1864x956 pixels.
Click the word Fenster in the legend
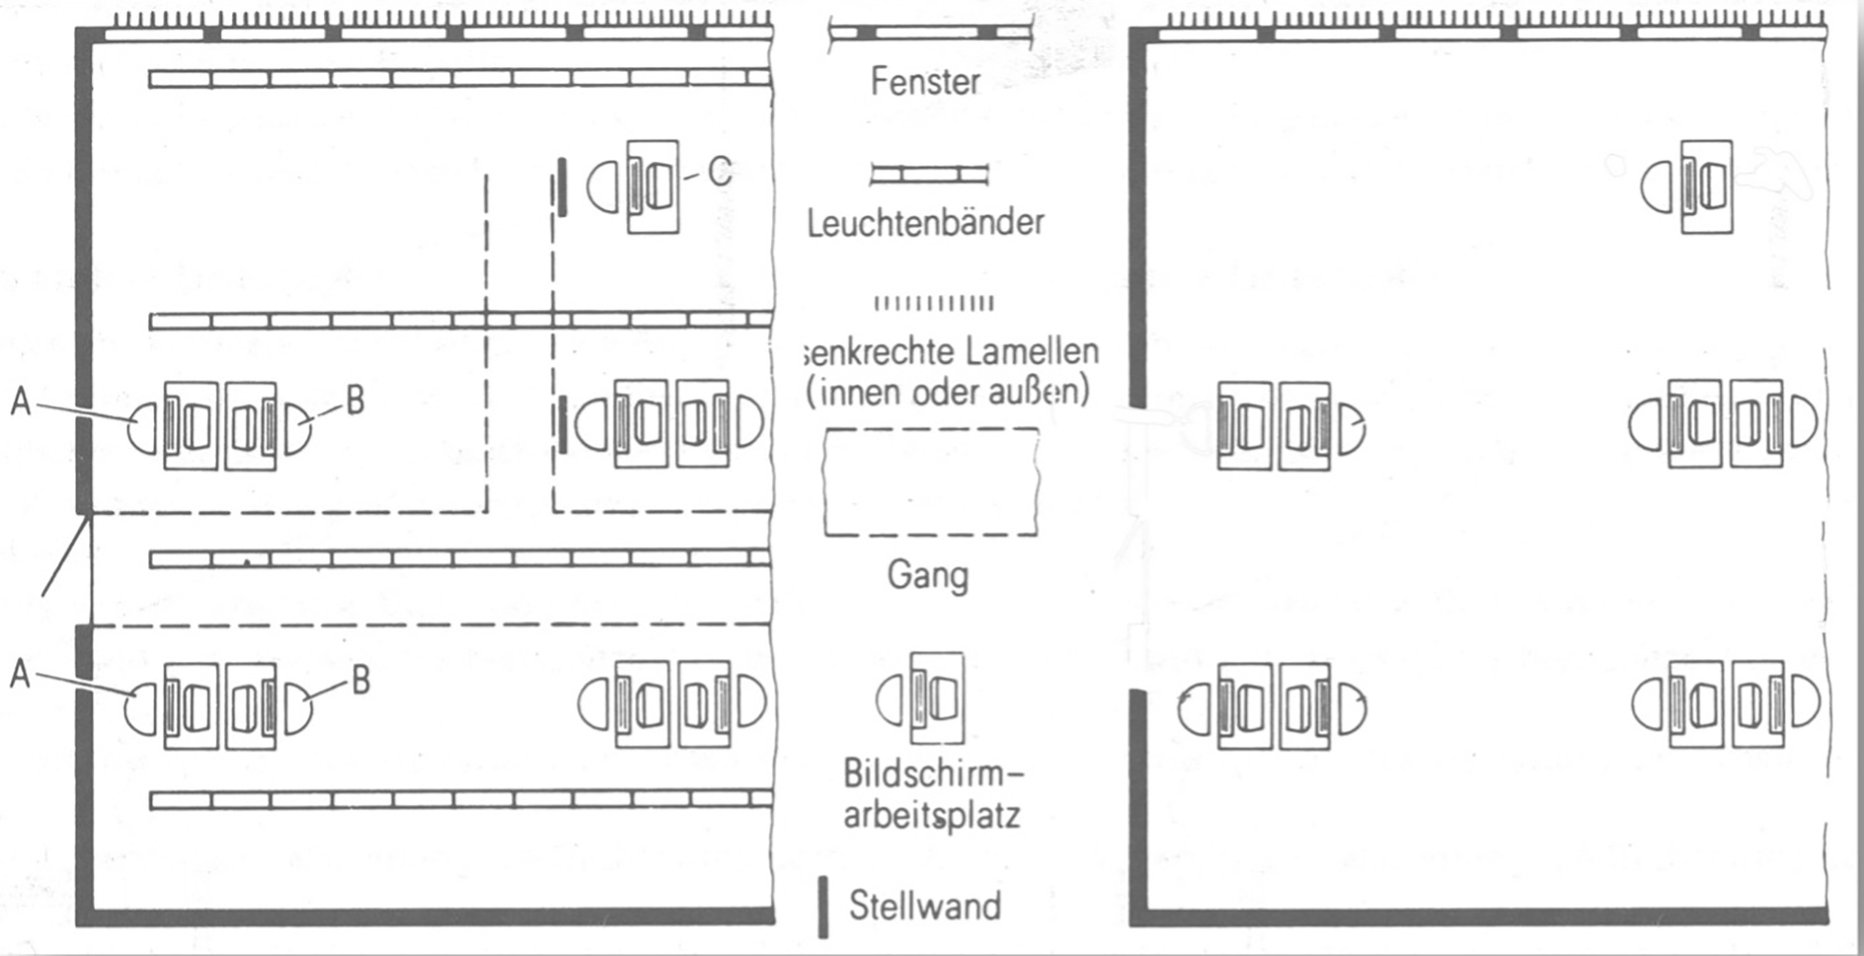coord(925,82)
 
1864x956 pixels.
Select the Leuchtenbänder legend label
coord(926,223)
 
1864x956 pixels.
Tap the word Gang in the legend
coord(927,575)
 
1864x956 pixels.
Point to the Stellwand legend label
coord(925,906)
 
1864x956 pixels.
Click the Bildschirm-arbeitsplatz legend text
coord(932,794)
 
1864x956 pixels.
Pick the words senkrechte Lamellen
coord(952,352)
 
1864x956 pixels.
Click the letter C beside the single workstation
coord(719,170)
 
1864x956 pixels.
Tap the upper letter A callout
coord(20,401)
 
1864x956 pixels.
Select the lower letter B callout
coord(360,680)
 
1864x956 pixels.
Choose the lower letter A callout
coord(20,675)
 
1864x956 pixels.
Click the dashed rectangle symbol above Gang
coord(930,481)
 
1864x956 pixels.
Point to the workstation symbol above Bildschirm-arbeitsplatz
coord(921,699)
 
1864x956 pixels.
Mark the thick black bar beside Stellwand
coord(823,907)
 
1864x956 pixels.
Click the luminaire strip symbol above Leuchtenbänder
coord(928,175)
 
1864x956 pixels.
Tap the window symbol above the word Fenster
coord(928,33)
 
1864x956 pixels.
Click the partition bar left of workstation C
coord(562,187)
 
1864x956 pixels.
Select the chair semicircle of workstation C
coord(602,187)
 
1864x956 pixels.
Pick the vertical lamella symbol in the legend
coord(934,303)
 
